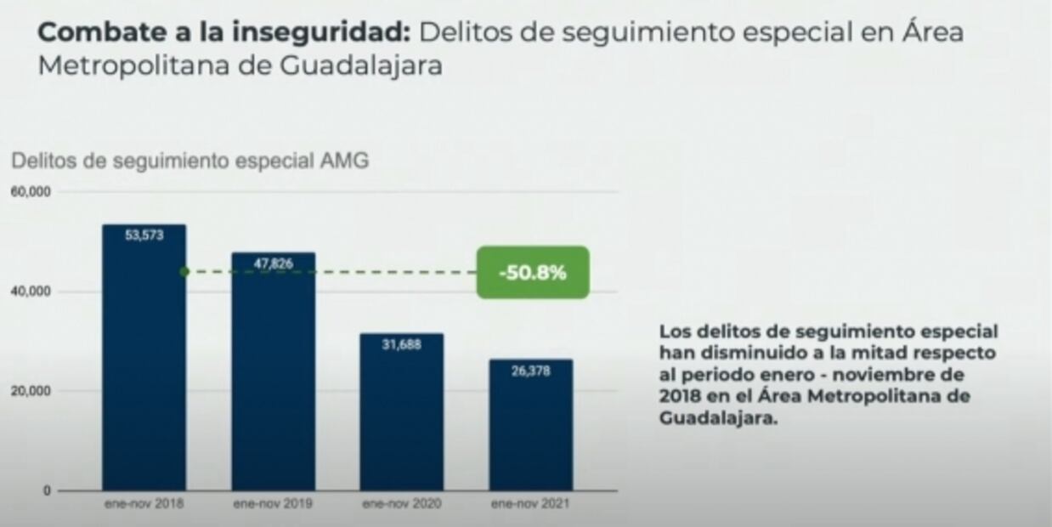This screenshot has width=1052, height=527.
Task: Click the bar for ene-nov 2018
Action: point(144,357)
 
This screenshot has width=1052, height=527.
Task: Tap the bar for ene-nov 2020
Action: point(401,411)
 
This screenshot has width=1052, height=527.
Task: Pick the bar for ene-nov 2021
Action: point(530,425)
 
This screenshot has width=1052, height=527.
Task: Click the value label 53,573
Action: point(144,235)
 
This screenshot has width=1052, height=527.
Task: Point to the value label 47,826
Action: point(273,263)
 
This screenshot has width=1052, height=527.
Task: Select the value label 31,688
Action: point(401,344)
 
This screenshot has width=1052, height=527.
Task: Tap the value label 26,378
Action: point(530,371)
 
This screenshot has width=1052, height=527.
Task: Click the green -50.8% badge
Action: point(532,273)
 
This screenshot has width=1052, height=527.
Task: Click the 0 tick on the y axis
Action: point(48,490)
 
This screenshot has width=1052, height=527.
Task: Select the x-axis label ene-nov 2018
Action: point(144,503)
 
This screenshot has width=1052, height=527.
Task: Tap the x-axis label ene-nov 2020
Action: point(401,503)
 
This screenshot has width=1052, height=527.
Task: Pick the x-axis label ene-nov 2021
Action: point(530,503)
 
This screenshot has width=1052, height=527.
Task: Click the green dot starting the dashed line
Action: point(184,272)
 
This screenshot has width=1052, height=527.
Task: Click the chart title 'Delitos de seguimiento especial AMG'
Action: point(190,161)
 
